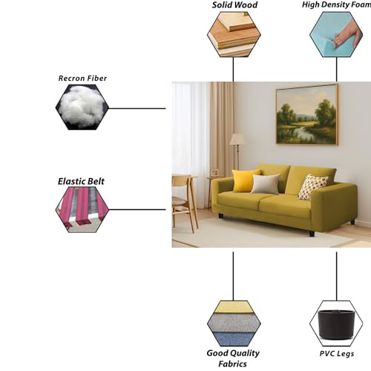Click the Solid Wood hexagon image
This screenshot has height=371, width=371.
pyautogui.click(x=234, y=35)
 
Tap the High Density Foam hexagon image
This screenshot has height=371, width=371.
pyautogui.click(x=336, y=35)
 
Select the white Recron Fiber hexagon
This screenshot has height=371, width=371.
pyautogui.click(x=82, y=107)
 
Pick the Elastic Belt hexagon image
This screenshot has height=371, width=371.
pyautogui.click(x=82, y=209)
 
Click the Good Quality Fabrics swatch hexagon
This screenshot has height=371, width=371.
pyautogui.click(x=234, y=324)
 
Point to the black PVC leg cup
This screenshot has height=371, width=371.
pyautogui.click(x=336, y=324)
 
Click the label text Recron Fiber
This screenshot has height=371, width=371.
pyautogui.click(x=82, y=78)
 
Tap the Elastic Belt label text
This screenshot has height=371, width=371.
pyautogui.click(x=81, y=181)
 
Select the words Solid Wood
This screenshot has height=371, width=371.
pyautogui.click(x=234, y=4)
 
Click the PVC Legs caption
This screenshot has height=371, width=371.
pyautogui.click(x=337, y=354)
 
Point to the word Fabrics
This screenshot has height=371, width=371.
pyautogui.click(x=232, y=364)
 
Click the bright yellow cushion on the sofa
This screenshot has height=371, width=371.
pyautogui.click(x=245, y=180)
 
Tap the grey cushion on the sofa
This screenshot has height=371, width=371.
pyautogui.click(x=266, y=184)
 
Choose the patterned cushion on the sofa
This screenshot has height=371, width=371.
pyautogui.click(x=312, y=187)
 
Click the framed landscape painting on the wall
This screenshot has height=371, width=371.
pyautogui.click(x=307, y=115)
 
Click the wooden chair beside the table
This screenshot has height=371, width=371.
pyautogui.click(x=183, y=202)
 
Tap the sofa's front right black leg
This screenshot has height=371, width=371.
pyautogui.click(x=312, y=233)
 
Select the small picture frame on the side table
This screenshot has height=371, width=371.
pyautogui.click(x=214, y=172)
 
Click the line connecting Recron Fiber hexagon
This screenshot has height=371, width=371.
pyautogui.click(x=137, y=108)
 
